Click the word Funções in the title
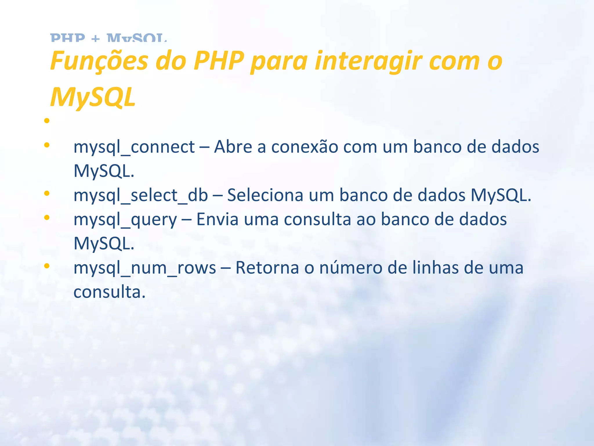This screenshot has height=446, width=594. click(99, 62)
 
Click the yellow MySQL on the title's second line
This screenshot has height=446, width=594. click(93, 97)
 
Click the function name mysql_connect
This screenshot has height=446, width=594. click(134, 147)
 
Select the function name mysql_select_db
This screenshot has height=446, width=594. click(141, 195)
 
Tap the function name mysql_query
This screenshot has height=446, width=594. click(125, 220)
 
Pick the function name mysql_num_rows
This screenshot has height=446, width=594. click(145, 268)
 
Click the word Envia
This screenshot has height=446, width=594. click(218, 219)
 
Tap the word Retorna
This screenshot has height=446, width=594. click(267, 267)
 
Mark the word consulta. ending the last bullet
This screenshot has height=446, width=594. click(109, 292)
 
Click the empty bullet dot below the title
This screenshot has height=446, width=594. click(47, 121)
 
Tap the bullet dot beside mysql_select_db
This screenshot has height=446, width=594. click(47, 193)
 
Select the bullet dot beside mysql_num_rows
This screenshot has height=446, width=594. click(47, 266)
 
